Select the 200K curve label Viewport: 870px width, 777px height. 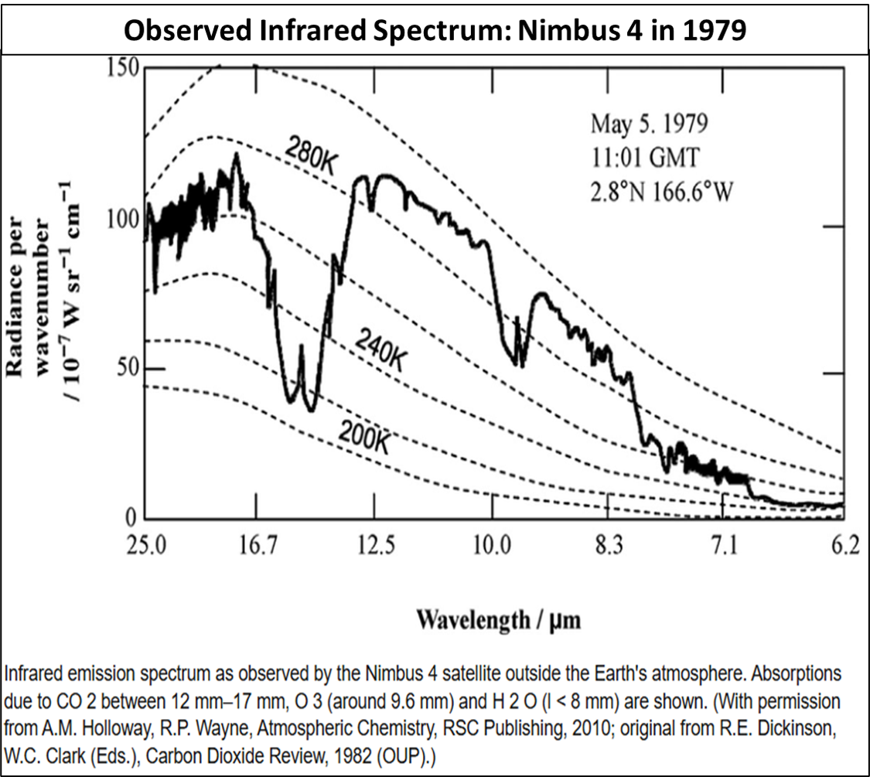point(363,436)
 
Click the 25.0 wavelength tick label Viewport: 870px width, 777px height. point(146,547)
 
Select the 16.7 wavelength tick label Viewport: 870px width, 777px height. point(258,547)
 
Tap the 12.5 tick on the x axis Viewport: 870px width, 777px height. point(375,547)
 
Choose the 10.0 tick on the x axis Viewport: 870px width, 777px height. point(491,547)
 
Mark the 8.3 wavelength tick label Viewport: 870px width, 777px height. point(609,547)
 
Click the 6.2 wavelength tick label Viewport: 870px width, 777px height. point(844,547)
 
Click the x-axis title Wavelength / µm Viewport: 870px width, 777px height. point(499,619)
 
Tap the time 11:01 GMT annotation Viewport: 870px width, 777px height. point(645,158)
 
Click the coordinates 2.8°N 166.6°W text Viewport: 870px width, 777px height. point(662,191)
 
